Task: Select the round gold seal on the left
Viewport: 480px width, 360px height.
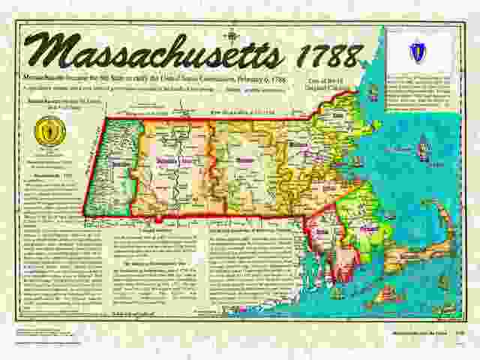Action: (50, 131)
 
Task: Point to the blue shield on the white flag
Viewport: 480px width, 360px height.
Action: (418, 52)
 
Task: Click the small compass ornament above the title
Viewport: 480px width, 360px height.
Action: (235, 32)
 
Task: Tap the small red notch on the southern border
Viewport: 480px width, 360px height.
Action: (159, 219)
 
